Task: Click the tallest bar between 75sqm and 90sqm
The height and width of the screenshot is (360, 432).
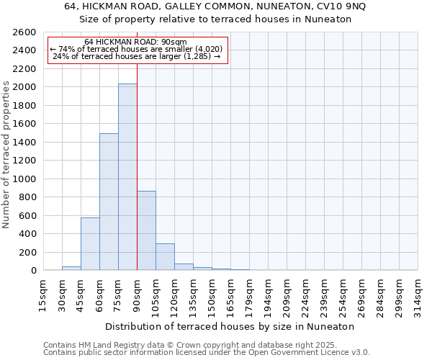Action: pos(127,176)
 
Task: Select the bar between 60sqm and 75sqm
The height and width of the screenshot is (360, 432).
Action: pos(109,202)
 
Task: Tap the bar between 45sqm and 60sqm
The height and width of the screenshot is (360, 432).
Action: pos(90,243)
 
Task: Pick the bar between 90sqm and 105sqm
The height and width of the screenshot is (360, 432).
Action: pos(146,230)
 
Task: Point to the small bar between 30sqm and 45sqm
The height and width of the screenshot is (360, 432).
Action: pos(71,269)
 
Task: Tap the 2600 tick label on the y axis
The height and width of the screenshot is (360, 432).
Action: pos(24,32)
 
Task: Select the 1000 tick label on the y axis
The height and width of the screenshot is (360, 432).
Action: pos(24,179)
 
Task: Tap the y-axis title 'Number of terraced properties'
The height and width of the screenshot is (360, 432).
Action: pos(7,155)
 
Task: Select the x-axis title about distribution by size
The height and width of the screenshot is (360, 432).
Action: pos(230,326)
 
